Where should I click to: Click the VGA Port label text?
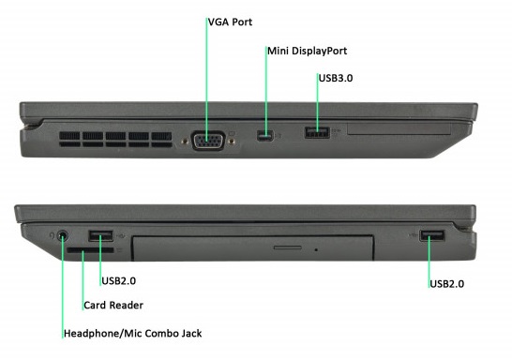pyautogui.click(x=230, y=22)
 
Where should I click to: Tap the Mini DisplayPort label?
pyautogui.click(x=308, y=51)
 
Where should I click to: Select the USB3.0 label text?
pyautogui.click(x=336, y=78)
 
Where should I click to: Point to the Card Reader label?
pyautogui.click(x=113, y=306)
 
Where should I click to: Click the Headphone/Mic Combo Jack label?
pyautogui.click(x=132, y=333)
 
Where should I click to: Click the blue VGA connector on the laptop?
pyautogui.click(x=209, y=141)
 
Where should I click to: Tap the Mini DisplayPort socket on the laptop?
pyautogui.click(x=264, y=136)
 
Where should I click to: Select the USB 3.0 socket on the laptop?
pyautogui.click(x=317, y=132)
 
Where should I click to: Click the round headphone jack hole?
pyautogui.click(x=63, y=235)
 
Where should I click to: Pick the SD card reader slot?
pyautogui.click(x=90, y=250)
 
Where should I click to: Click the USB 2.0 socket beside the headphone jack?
pyautogui.click(x=101, y=235)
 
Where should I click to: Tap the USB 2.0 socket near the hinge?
pyautogui.click(x=432, y=235)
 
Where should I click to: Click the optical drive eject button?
pyautogui.click(x=288, y=247)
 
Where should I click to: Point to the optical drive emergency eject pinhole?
pyautogui.click(x=316, y=250)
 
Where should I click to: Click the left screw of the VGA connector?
pyautogui.click(x=185, y=142)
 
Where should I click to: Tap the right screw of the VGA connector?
pyautogui.click(x=233, y=142)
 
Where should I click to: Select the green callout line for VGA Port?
pyautogui.click(x=206, y=81)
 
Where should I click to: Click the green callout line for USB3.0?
pyautogui.click(x=317, y=102)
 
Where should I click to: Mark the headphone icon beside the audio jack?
pyautogui.click(x=52, y=235)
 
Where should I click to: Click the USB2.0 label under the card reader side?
pyautogui.click(x=118, y=280)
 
